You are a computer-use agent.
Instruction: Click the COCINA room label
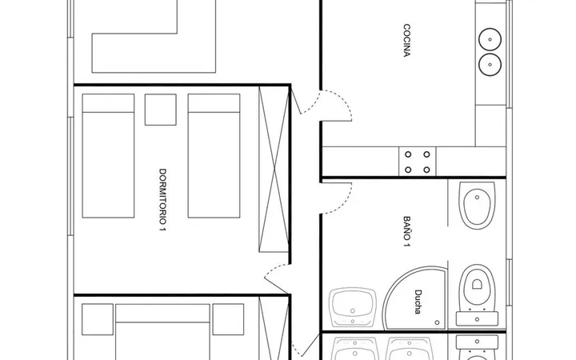coord(406,41)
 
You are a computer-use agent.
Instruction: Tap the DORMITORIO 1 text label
coord(162,200)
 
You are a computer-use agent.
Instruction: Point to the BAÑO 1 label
coord(406,231)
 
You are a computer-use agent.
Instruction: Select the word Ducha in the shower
coord(418,302)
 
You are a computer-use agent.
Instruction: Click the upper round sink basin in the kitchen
coord(490,39)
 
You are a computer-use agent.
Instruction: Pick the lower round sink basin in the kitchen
coord(490,65)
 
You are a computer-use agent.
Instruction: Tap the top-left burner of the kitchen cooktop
coord(408,154)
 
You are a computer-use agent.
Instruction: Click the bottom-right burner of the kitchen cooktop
coord(426,170)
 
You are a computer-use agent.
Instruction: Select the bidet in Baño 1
coord(477,205)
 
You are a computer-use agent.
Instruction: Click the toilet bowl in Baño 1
coord(477,286)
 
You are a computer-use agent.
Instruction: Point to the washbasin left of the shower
coord(352,307)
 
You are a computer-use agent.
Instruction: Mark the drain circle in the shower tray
coord(437,322)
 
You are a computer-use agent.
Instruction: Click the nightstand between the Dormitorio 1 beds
coord(161,110)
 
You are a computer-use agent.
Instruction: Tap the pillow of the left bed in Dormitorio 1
coord(108,103)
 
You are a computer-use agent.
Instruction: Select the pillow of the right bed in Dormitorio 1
coord(214,103)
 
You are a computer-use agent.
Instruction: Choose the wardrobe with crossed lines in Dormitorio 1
coord(274,169)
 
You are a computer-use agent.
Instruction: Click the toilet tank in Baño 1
coord(477,318)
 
